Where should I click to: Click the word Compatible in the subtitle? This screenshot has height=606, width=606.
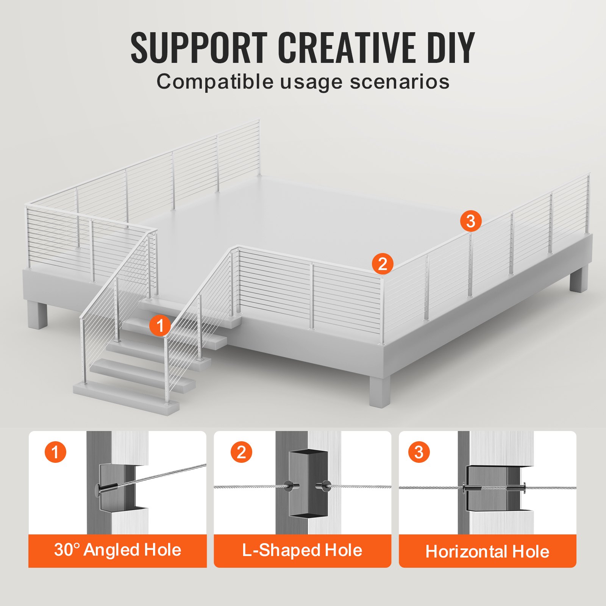tap(215, 81)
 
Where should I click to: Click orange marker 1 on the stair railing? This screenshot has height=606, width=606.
tap(160, 326)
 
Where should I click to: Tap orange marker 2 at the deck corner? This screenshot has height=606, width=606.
tap(382, 264)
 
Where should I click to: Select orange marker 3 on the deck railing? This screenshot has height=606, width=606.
tap(471, 221)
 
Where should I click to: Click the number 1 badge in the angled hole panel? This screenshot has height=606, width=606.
tap(56, 452)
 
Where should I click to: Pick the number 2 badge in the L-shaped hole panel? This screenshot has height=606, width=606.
tap(241, 452)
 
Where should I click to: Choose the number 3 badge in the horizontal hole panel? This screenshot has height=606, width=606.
tap(419, 452)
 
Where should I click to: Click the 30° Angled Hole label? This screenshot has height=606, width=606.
tap(117, 550)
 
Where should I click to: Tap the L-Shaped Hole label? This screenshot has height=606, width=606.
tap(302, 550)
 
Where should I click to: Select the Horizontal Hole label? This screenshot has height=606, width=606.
tap(487, 551)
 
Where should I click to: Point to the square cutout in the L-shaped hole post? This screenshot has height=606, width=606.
tap(308, 484)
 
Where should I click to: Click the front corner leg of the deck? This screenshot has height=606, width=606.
tap(380, 390)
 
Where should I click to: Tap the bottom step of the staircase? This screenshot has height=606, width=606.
tap(126, 398)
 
